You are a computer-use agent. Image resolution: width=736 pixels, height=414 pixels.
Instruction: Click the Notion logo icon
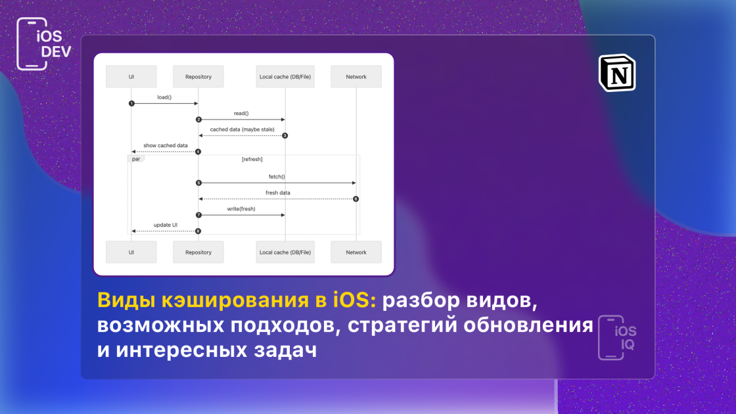(617, 73)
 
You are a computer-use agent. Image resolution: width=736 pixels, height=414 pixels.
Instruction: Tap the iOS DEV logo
(43, 43)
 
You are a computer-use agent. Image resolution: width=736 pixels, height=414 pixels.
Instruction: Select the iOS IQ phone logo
(617, 338)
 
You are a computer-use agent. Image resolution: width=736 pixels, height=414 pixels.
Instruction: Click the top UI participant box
(131, 76)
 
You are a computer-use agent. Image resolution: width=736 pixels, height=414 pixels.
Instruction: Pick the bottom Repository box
(198, 252)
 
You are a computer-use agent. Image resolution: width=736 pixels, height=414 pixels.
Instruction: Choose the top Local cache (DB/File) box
(285, 76)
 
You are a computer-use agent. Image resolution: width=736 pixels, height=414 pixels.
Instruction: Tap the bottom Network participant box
(356, 252)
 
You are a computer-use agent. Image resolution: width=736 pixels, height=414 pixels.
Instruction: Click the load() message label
(164, 97)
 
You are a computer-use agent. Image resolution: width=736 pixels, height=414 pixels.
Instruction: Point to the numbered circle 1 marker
(131, 103)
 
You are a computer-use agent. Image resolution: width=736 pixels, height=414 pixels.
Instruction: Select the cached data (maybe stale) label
(242, 129)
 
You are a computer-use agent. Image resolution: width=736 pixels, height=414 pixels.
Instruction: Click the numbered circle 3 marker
(285, 135)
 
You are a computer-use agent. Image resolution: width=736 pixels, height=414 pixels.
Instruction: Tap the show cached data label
(165, 145)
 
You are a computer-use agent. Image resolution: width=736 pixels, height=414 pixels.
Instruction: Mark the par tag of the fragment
(136, 159)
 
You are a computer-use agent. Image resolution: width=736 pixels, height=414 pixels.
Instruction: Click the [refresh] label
(252, 159)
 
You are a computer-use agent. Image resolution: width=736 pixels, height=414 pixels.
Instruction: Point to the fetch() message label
(277, 177)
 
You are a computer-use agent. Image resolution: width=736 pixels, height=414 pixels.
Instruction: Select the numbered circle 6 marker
(356, 199)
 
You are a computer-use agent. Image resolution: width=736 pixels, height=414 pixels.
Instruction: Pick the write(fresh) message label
(241, 209)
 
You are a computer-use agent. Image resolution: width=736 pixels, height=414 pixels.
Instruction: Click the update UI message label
(166, 225)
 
